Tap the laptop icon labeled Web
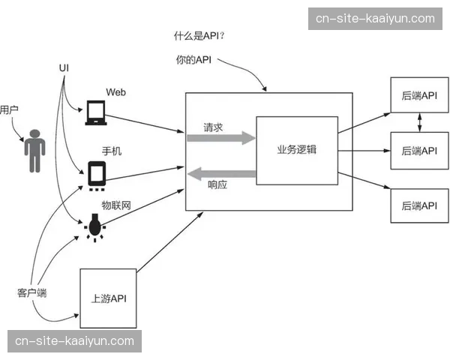[x=96, y=112]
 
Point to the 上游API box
[x=108, y=298]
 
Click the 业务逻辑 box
[x=296, y=149]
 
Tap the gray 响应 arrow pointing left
[x=221, y=175]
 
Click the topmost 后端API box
[x=418, y=96]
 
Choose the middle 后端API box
[x=418, y=151]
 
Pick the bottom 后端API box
[x=418, y=205]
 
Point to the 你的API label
[x=193, y=60]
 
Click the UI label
[x=64, y=67]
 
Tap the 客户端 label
[x=32, y=292]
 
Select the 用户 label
[x=9, y=109]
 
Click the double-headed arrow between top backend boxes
[x=418, y=123]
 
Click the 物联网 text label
[x=116, y=205]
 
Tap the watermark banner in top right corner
[x=375, y=18]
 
